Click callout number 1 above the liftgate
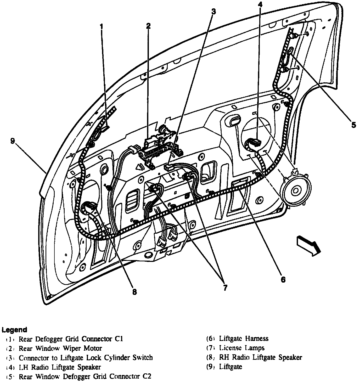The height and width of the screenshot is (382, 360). (x=101, y=26)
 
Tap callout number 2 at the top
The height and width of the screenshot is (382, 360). (x=148, y=26)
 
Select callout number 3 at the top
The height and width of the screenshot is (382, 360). (x=213, y=11)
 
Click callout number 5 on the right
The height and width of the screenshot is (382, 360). (x=353, y=125)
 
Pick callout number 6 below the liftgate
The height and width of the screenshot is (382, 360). (x=283, y=279)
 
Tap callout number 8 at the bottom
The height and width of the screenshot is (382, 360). (x=134, y=291)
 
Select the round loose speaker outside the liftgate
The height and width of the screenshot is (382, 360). (x=295, y=190)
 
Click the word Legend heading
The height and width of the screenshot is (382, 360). (x=14, y=330)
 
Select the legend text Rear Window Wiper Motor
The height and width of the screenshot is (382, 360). (x=60, y=348)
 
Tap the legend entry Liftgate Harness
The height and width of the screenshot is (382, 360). (x=244, y=339)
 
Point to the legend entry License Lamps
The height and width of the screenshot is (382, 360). (x=242, y=348)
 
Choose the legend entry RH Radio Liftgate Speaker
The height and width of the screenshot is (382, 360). (x=260, y=357)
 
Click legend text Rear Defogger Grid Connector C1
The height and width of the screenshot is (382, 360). (x=71, y=339)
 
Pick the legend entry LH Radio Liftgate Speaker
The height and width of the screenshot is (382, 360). (x=60, y=367)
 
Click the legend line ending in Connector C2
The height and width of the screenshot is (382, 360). (x=85, y=377)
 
